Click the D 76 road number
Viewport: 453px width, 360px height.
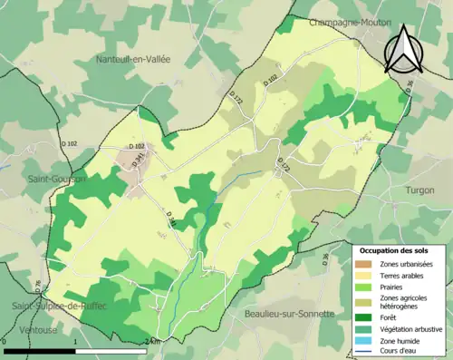point(37,287)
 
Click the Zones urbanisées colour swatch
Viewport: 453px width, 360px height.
point(368,263)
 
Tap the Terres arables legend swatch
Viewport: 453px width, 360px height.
point(368,275)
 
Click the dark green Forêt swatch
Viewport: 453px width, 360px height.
point(368,316)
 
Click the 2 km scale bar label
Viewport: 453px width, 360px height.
point(152,342)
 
